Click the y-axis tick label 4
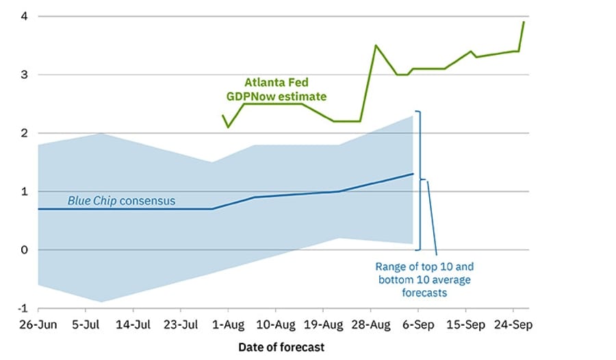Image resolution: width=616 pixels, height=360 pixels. pos(23,16)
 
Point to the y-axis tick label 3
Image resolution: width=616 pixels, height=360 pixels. pos(23,75)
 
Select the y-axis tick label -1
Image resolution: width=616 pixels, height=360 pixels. pos(21,308)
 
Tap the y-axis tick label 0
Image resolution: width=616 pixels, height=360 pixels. pos(23,250)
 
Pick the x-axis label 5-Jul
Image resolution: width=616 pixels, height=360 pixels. pos(88,324)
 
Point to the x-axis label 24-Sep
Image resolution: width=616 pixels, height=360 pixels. pos(513,324)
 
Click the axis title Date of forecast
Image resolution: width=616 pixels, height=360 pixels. pos(281,347)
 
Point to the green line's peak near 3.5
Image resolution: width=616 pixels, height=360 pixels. pos(376,46)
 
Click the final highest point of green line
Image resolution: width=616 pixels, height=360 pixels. pos(524,22)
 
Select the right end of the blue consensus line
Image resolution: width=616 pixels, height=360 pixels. pos(413,174)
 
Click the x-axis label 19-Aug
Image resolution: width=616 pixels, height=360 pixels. pos(322,324)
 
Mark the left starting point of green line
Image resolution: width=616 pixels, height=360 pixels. pos(223,116)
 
